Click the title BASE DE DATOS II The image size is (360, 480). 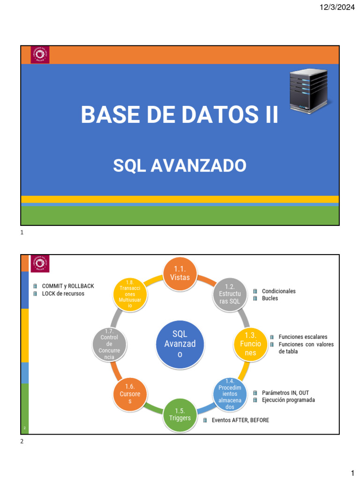tap(180, 115)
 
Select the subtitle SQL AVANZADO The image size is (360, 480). tap(180, 165)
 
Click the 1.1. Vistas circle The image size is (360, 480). tap(180, 273)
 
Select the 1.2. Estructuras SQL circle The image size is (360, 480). tap(229, 294)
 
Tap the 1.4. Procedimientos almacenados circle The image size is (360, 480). tap(230, 394)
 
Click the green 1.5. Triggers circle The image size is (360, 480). tap(180, 414)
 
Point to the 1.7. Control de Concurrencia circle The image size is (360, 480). tap(110, 344)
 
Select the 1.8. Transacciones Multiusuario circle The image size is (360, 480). tap(130, 294)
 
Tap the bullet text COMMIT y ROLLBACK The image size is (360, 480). tap(67, 286)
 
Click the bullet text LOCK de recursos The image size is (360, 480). tap(63, 293)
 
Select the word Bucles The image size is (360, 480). tap(270, 298)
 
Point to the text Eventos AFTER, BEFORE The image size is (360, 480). tap(240, 420)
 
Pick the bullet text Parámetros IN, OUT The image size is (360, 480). tap(285, 393)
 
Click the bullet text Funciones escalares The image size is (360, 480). tap(302, 337)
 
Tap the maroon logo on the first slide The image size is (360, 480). tap(39, 55)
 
